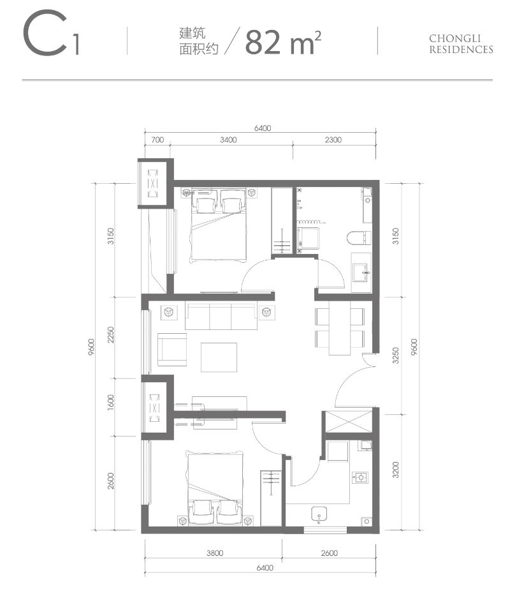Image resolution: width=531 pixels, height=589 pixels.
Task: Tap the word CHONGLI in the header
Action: [461, 38]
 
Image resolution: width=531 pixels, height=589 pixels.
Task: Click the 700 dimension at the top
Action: [158, 140]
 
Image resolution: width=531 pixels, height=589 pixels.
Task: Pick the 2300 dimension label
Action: [333, 140]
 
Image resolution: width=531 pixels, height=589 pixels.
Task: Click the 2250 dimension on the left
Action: [110, 335]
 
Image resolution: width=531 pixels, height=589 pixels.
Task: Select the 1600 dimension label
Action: [110, 405]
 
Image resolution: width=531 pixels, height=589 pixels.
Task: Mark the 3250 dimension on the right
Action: [395, 354]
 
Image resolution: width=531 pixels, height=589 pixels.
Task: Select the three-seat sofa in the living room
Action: [221, 316]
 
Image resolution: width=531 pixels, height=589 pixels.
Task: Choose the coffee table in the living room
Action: [219, 357]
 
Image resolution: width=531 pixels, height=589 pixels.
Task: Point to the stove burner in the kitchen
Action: [361, 477]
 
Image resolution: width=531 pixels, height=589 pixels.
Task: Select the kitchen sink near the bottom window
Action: [318, 514]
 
